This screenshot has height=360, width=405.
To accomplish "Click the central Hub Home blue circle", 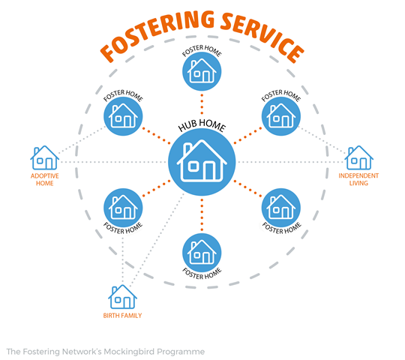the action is (202, 162).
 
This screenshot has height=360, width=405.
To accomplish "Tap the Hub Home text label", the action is (202, 125).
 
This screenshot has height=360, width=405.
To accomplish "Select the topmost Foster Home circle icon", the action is (202, 71).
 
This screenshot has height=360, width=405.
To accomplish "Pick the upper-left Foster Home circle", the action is (123, 116).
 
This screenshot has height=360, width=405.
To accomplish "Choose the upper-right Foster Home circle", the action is (281, 116).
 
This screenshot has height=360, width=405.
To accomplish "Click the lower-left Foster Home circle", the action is (123, 208).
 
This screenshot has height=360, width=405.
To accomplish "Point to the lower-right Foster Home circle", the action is (281, 208).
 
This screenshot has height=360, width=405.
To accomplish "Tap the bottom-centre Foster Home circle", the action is (202, 253).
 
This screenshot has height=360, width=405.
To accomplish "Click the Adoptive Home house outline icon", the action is (45, 157).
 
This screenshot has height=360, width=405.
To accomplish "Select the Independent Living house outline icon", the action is (358, 157).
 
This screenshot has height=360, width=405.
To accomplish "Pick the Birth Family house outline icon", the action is (122, 297).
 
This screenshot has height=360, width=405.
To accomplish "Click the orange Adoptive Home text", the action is (45, 179).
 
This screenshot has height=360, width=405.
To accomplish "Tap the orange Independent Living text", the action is (358, 179).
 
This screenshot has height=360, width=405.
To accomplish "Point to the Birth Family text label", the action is (122, 316).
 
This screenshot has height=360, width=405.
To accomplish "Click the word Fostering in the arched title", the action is (157, 34).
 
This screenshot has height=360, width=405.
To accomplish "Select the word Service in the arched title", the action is (263, 37).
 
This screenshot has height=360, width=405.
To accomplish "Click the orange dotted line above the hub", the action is (202, 104).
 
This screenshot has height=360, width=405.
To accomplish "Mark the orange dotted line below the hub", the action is (202, 214).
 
